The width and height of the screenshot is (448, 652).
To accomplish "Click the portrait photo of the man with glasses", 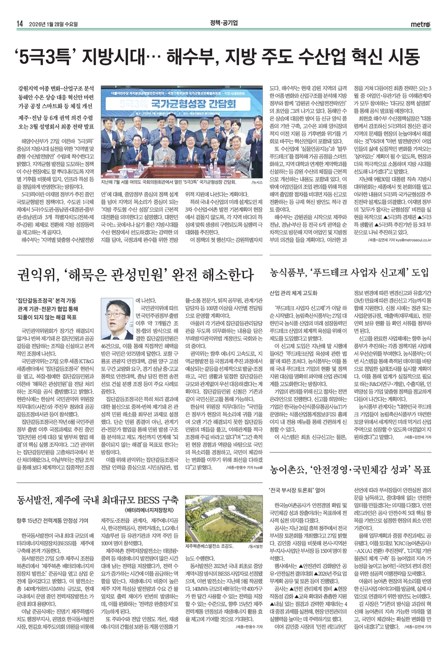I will (x=117, y=314).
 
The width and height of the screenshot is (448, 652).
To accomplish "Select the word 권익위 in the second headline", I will (x=35, y=275).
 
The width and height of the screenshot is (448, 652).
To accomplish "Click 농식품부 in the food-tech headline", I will (x=287, y=273).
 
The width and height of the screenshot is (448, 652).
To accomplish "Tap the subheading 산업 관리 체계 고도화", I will (x=294, y=293).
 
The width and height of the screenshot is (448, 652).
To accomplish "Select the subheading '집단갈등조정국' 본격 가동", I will (x=46, y=301).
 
